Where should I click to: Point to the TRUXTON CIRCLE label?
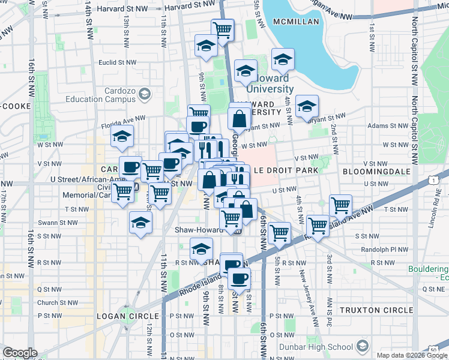pyautogui.click(x=376, y=310)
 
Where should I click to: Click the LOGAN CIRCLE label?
pyautogui.click(x=130, y=316)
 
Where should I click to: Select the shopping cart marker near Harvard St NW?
pyautogui.click(x=222, y=29)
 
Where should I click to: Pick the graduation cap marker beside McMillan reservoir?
pyautogui.click(x=282, y=59)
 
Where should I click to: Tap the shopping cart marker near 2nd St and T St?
pyautogui.click(x=340, y=205)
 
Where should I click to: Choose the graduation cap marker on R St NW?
pyautogui.click(x=202, y=248)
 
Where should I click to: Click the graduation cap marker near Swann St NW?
pyautogui.click(x=141, y=223)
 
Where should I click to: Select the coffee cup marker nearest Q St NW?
pyautogui.click(x=239, y=278)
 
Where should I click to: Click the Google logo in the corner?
pyautogui.click(x=20, y=353)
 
